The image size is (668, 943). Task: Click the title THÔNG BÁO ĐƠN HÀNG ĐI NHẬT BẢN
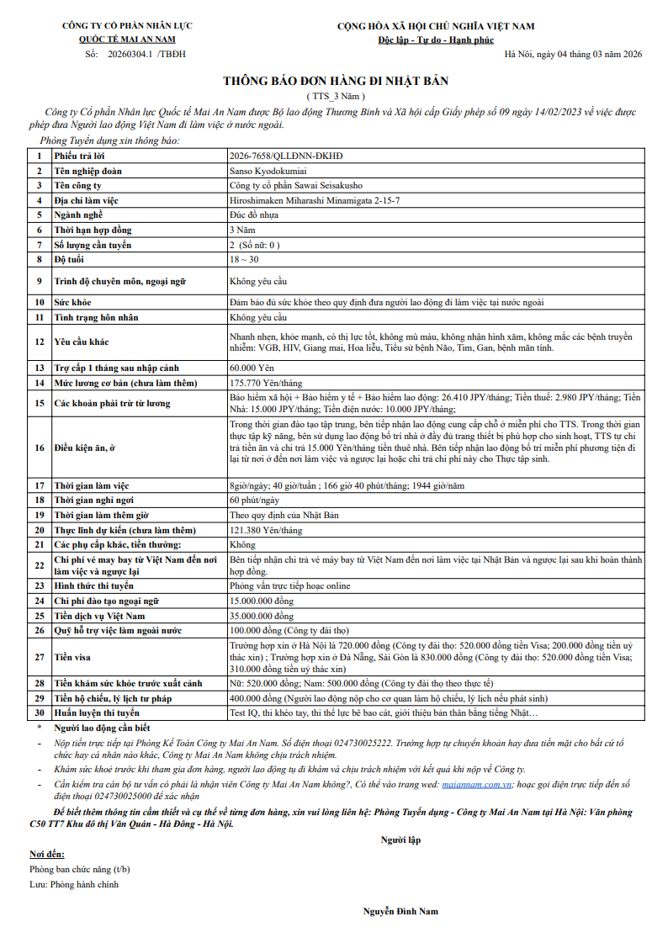(335, 81)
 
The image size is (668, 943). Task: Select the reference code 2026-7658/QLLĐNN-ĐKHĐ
(286, 156)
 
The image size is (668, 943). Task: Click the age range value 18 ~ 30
(244, 259)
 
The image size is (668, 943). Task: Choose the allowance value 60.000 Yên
(251, 368)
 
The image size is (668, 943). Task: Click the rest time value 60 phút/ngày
(254, 501)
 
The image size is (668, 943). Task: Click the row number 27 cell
(38, 656)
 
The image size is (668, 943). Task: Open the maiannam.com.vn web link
(476, 783)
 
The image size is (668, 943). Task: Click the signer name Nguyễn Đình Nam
(400, 911)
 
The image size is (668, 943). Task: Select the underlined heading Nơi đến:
(47, 854)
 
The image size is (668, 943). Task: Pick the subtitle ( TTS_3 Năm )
(335, 97)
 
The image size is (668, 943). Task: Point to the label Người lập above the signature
(400, 839)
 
